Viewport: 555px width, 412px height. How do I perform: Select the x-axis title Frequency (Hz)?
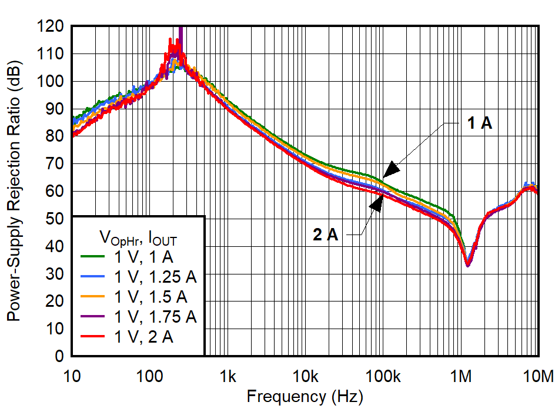point(305,397)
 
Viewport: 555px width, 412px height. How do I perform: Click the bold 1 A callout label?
point(479,123)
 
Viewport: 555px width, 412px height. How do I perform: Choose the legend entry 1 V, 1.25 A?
point(155,276)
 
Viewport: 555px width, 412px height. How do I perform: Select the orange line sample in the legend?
point(93,296)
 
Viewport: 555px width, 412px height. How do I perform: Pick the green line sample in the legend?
point(93,256)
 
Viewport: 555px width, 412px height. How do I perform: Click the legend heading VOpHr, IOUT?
point(139,237)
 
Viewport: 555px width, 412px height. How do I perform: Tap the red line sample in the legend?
point(93,336)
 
